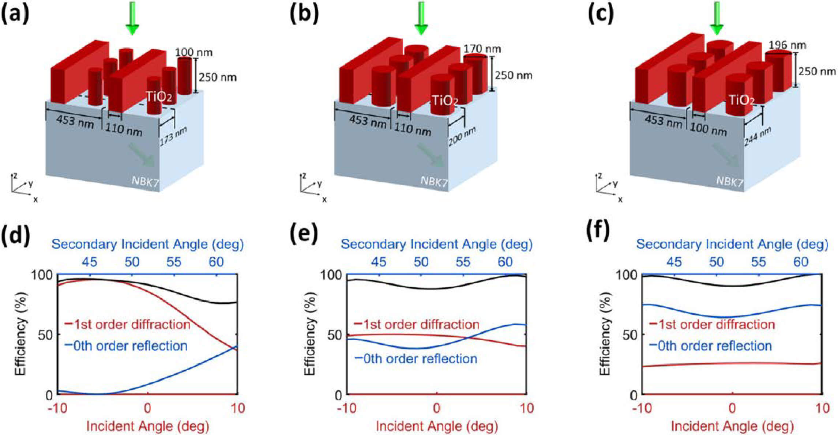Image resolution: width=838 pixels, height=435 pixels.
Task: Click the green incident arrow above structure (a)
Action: click(x=132, y=18)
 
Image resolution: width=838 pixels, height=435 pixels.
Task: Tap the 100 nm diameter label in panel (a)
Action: click(x=193, y=52)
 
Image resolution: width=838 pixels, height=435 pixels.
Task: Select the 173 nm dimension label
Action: click(x=173, y=136)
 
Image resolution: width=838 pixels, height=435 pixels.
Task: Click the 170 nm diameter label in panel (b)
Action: click(x=482, y=49)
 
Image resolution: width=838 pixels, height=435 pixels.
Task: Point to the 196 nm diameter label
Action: click(x=787, y=45)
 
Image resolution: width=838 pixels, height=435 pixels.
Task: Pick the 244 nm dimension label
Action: click(x=758, y=136)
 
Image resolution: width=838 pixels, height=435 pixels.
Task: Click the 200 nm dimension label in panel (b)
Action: click(x=462, y=136)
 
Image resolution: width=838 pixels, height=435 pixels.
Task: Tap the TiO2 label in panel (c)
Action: click(x=741, y=100)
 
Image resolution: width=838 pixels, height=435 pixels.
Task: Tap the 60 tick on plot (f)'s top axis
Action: click(x=800, y=262)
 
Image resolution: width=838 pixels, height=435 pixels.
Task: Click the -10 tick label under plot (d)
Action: click(x=57, y=408)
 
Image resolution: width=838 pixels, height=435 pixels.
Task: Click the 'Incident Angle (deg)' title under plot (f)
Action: click(x=732, y=426)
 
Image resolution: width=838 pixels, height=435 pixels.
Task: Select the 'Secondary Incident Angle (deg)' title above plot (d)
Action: click(x=147, y=244)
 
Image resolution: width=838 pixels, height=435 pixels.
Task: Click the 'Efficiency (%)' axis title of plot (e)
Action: click(x=309, y=334)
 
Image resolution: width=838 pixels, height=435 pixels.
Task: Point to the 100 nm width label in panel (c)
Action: click(x=708, y=129)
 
